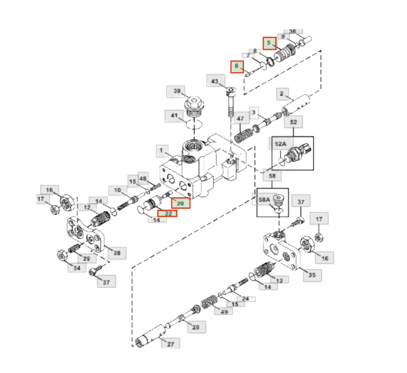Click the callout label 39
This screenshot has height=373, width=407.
point(176,91)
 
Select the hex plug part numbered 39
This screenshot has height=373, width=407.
point(195,105)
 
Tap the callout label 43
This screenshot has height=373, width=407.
point(214,81)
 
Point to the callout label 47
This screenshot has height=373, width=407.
point(240,119)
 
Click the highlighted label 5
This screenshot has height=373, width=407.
point(269,43)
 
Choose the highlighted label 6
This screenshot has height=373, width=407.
point(237,67)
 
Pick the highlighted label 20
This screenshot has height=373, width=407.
point(181,203)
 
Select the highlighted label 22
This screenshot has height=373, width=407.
point(167,214)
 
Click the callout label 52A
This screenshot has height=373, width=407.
point(280,144)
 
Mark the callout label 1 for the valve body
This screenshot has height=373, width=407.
point(161,150)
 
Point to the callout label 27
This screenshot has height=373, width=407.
point(171,344)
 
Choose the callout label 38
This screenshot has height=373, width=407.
point(117,253)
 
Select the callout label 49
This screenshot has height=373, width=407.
point(224,311)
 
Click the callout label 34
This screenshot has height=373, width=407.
point(76,268)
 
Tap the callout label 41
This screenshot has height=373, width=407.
point(174,116)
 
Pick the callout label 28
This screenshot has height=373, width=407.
point(196,327)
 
